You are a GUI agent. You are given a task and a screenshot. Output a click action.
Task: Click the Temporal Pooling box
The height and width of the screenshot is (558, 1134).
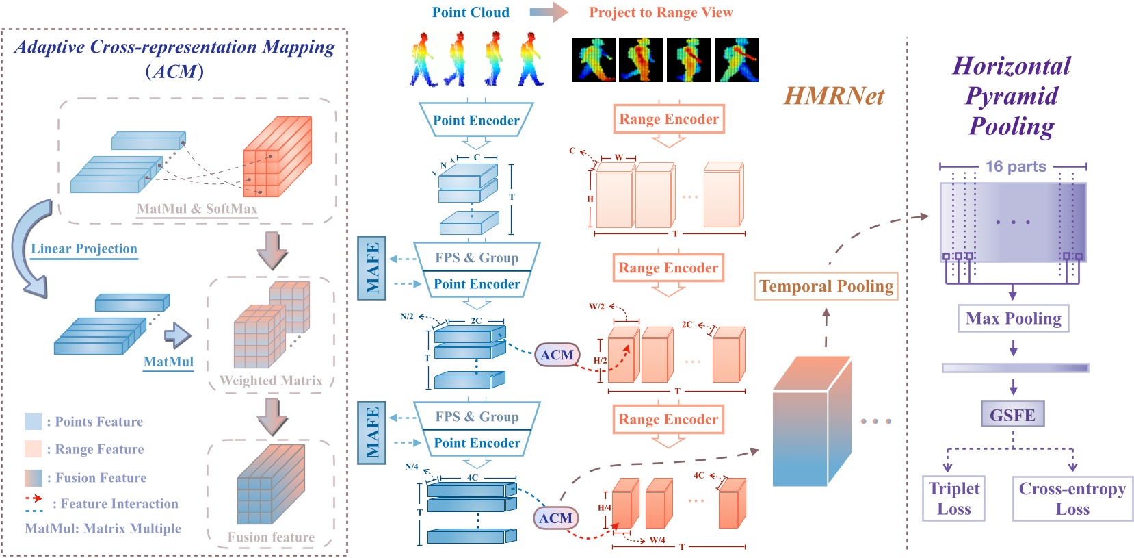point(826,286)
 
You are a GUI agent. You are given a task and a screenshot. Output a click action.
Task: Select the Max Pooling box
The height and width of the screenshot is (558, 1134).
point(1013,318)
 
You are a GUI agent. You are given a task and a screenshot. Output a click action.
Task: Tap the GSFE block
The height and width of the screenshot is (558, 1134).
point(1012,414)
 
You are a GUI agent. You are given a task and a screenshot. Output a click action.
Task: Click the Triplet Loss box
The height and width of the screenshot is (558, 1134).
point(953,498)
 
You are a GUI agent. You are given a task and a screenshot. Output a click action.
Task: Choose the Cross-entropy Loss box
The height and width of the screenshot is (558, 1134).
point(1072,498)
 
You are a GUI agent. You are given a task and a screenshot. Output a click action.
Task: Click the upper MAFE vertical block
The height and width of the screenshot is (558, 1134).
point(372,268)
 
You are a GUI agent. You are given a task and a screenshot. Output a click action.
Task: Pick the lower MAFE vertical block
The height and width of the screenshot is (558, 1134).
point(372,432)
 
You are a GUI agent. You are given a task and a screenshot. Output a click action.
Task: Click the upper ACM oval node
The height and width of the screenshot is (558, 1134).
point(557,355)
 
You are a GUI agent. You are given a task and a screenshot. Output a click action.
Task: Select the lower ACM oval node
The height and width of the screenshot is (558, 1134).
point(555,518)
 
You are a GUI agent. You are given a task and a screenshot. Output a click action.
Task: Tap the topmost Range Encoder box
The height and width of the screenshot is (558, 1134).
point(668,119)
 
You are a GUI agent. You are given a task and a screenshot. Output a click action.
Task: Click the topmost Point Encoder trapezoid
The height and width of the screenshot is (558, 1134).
point(476,120)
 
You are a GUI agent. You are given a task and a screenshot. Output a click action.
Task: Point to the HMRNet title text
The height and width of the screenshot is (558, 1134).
point(834,96)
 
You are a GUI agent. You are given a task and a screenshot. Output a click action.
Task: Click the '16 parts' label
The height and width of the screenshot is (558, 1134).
point(1016,166)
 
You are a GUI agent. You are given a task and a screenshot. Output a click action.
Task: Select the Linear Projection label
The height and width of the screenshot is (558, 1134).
point(84,249)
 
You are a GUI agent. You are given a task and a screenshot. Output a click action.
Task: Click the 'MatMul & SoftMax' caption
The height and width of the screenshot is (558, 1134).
point(197,209)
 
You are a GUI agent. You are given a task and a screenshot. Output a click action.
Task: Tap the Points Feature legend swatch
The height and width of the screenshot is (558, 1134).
point(33,421)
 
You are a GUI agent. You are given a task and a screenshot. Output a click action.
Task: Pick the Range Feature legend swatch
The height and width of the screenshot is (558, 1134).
point(33,448)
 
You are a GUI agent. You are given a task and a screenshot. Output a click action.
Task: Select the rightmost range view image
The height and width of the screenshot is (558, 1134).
point(737,60)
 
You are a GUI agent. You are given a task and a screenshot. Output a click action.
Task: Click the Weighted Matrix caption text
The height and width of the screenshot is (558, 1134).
point(271,381)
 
